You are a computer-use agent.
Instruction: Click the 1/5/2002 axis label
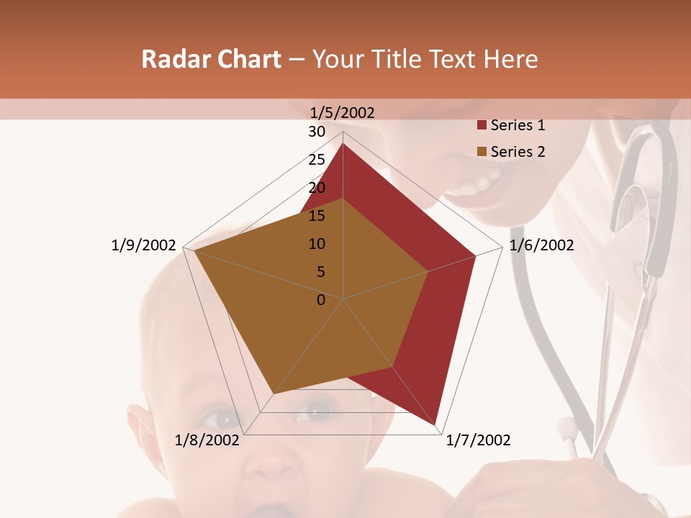coord(343,112)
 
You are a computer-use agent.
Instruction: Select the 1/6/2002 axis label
coord(541,245)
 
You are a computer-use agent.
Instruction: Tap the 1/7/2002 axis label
coord(478,440)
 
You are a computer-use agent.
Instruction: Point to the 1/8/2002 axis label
coord(207,440)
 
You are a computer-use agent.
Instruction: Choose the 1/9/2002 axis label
coord(144,245)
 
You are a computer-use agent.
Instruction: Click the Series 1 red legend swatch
coord(482,126)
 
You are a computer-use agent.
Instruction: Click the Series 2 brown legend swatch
coord(482,152)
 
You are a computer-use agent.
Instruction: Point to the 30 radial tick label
coord(317,132)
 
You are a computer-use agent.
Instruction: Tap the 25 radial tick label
coord(317,160)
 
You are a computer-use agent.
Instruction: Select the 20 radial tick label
coord(317,188)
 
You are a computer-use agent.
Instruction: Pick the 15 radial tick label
coord(317,216)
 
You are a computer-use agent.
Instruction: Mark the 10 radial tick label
coord(317,244)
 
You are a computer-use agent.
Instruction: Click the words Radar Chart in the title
coord(211,60)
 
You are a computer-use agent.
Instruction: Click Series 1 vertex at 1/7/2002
coord(435,424)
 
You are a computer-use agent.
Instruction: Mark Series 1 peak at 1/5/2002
coord(343,144)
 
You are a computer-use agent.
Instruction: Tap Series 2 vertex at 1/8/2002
coord(274,394)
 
